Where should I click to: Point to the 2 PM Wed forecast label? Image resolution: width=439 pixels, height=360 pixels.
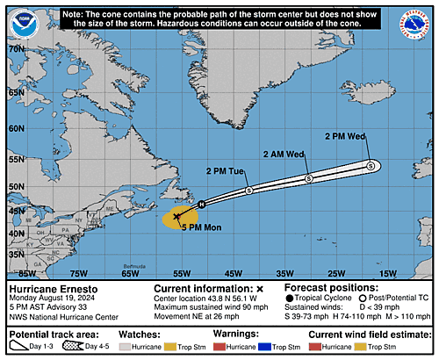tap(344, 136)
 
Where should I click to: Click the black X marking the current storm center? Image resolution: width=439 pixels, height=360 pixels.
tap(176, 216)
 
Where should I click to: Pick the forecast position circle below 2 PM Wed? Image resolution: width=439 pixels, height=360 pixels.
tap(371, 165)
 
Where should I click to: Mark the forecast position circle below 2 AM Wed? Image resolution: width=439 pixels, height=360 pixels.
tap(308, 179)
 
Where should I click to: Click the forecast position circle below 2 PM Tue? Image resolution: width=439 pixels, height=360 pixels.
tap(249, 190)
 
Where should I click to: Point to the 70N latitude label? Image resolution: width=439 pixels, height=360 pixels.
tap(15, 50)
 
